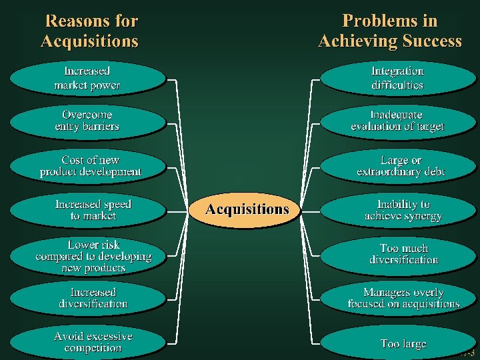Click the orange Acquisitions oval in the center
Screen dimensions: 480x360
247,209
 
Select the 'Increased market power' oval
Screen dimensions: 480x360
87,78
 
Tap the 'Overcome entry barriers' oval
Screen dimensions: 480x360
87,121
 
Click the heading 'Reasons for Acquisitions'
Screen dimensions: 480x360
90,31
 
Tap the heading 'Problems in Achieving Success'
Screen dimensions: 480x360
390,31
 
